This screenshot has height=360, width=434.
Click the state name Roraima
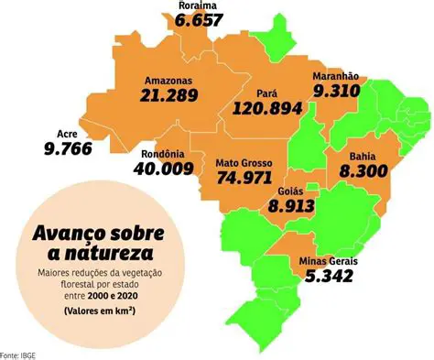(x=200, y=5)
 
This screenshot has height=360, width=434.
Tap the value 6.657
(x=200, y=20)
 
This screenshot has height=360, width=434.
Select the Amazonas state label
(x=171, y=80)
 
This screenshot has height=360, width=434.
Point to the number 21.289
(x=171, y=95)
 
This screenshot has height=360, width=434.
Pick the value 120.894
(x=267, y=109)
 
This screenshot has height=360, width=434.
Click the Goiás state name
(x=290, y=192)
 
